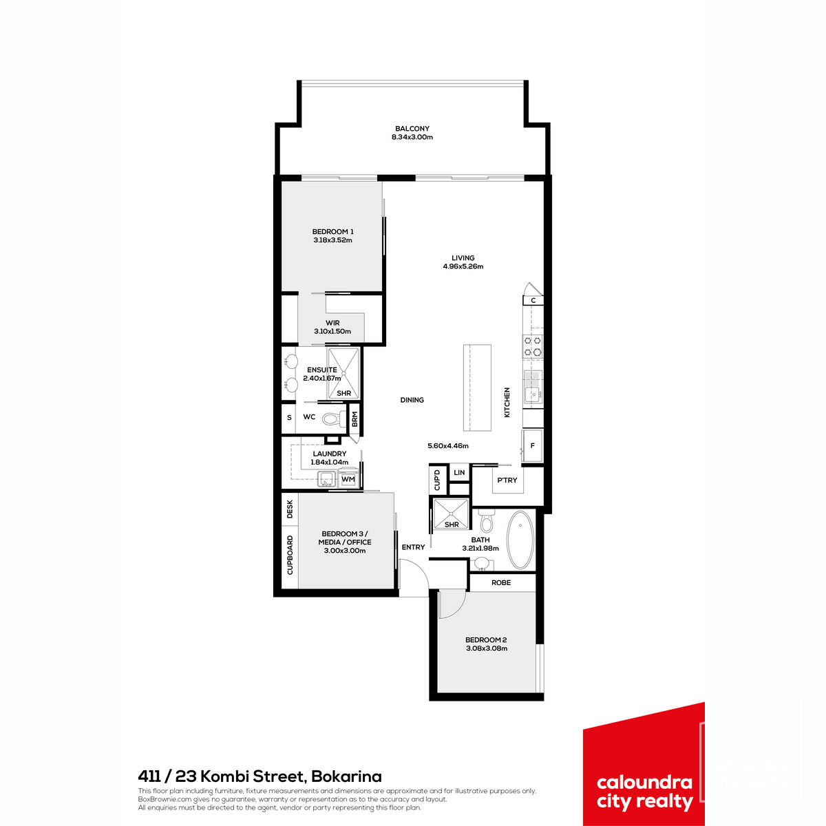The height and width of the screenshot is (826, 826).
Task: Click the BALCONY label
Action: click(412, 129)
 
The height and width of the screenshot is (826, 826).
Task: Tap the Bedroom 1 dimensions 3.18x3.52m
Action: click(332, 240)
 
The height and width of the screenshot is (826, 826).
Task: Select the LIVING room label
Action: click(463, 258)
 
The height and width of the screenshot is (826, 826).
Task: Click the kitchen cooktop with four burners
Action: click(533, 346)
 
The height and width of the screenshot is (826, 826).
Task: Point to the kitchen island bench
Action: click(477, 388)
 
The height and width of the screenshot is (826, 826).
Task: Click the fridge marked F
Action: click(532, 446)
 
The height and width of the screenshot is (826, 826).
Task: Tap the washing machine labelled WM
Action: click(348, 479)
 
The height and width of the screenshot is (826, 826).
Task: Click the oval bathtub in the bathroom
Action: click(520, 540)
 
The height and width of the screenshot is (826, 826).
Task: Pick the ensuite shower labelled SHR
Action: click(343, 373)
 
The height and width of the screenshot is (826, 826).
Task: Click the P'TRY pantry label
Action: click(507, 480)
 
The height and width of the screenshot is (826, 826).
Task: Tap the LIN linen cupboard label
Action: click(459, 472)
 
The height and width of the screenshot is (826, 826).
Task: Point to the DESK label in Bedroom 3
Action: click(290, 509)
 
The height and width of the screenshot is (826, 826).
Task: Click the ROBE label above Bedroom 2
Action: click(501, 582)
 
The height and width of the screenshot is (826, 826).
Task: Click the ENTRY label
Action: click(413, 547)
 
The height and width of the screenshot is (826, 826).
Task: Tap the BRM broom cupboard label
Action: click(354, 419)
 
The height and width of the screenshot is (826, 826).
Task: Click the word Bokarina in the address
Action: click(346, 776)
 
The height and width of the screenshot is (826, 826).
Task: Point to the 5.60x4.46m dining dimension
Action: click(448, 446)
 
